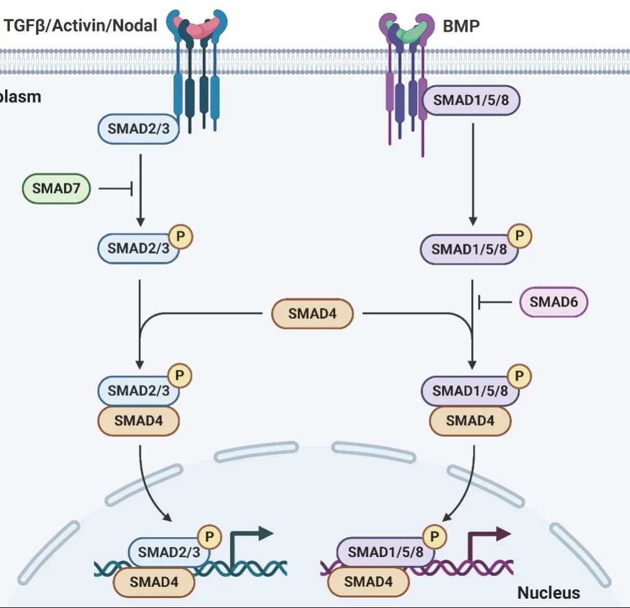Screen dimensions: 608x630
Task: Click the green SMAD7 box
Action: point(57,188)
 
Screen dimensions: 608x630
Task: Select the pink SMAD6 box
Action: point(553,302)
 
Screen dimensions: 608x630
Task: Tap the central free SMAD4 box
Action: point(312,314)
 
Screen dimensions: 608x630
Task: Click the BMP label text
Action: point(461,26)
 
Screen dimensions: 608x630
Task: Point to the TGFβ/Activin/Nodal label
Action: point(81,25)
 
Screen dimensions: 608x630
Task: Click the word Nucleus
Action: point(548,592)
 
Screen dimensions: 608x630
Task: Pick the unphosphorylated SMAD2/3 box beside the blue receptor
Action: point(138,129)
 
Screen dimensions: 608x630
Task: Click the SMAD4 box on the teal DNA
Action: point(153,582)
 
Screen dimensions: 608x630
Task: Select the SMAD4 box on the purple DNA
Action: point(368,582)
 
